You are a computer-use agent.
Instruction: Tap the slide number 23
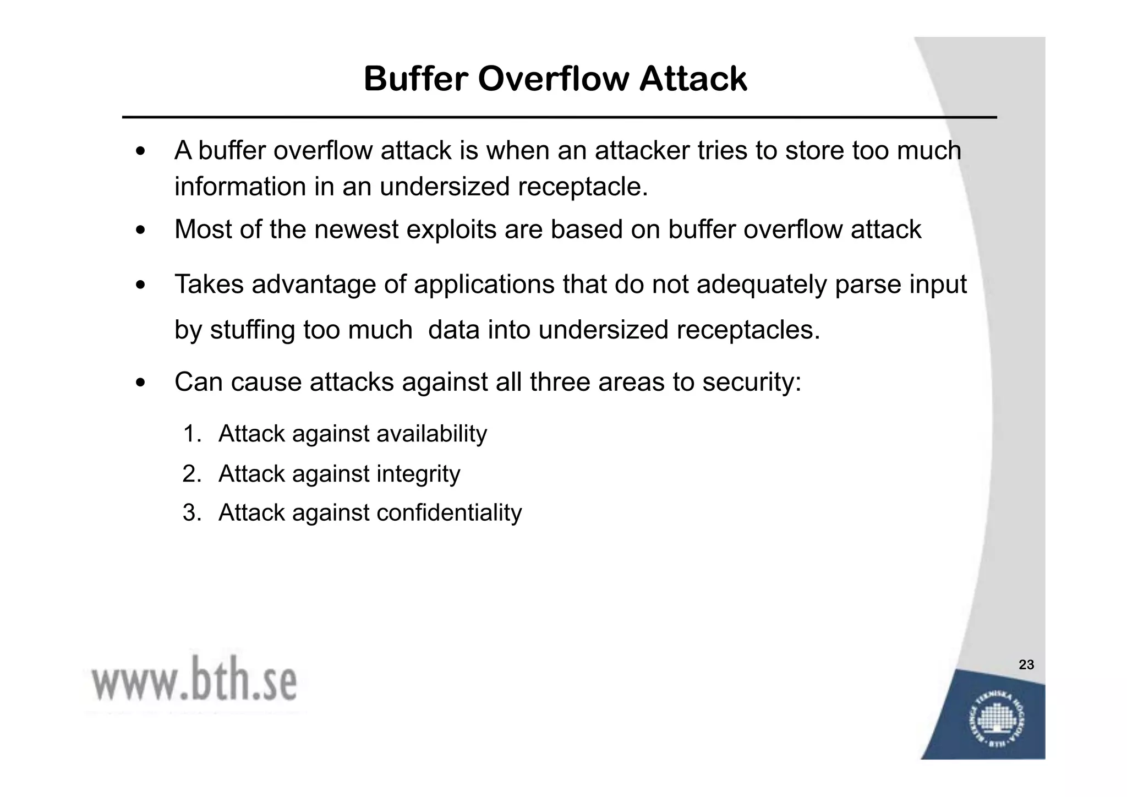click(1026, 665)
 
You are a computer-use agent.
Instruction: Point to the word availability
click(431, 434)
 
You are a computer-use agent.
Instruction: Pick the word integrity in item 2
click(418, 474)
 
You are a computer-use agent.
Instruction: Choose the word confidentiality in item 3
click(448, 512)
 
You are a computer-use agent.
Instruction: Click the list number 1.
click(192, 434)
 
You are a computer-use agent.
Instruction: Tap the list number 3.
click(192, 512)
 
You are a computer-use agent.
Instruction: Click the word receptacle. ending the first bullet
click(583, 187)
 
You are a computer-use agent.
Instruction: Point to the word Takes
click(209, 285)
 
